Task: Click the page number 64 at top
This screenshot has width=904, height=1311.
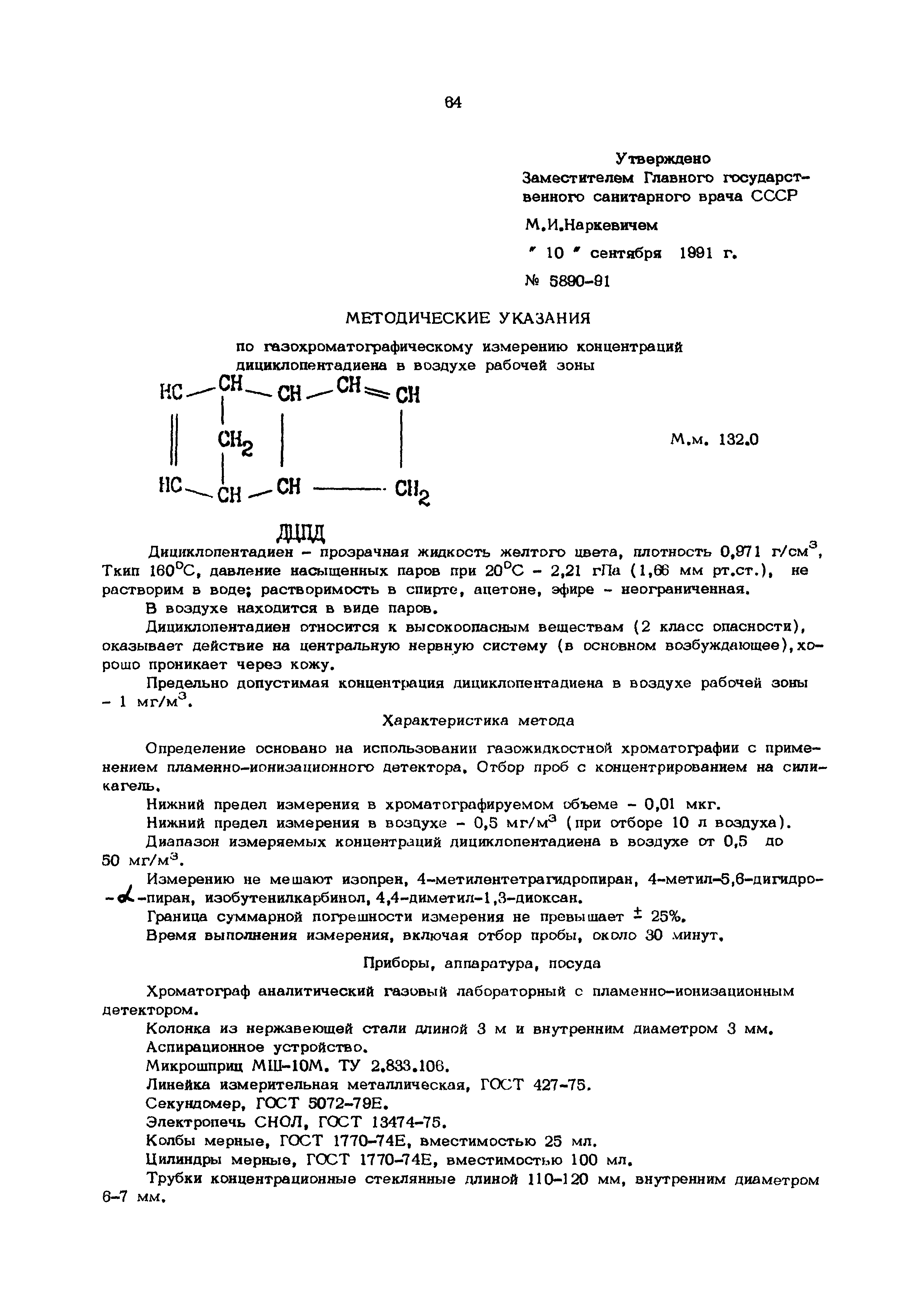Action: click(x=453, y=103)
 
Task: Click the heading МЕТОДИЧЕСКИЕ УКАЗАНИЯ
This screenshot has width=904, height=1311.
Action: click(x=468, y=318)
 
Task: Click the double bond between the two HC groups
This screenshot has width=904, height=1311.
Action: click(x=174, y=440)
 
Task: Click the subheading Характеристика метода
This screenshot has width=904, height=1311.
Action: click(x=478, y=721)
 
